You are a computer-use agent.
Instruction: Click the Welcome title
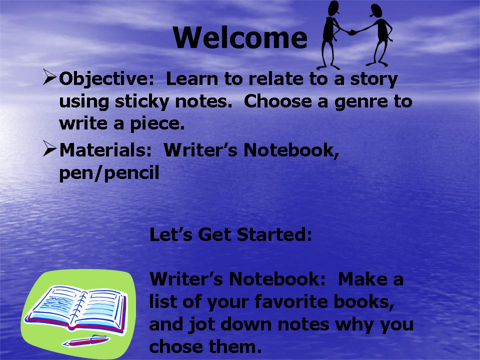point(240,37)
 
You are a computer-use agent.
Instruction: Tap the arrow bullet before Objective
point(50,77)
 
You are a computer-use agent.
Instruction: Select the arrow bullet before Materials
point(50,148)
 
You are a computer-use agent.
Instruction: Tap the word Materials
point(105,150)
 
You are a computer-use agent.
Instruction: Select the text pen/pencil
point(109,173)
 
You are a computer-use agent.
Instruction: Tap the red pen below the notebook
point(86,340)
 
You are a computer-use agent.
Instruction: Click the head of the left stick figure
point(333,7)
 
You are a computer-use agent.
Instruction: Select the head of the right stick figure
point(376,10)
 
